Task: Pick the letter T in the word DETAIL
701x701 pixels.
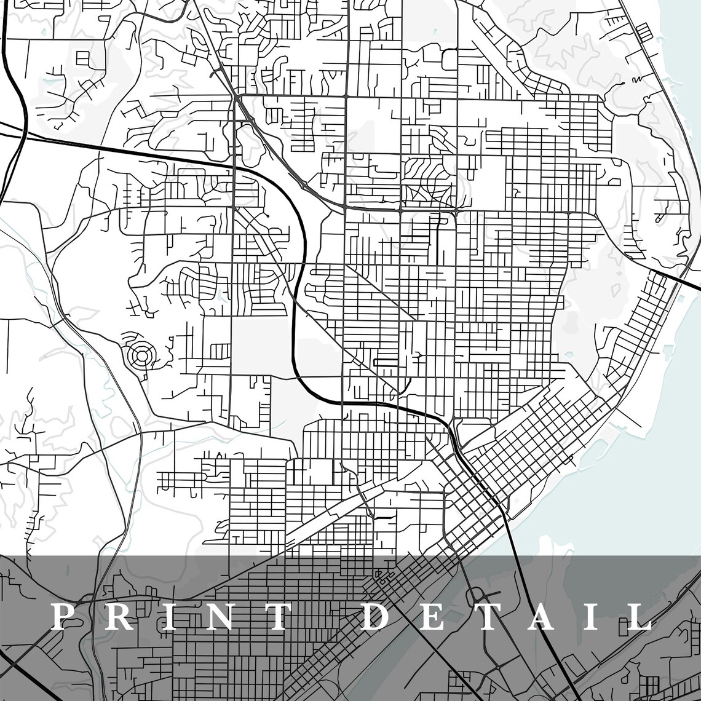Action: pos(483,617)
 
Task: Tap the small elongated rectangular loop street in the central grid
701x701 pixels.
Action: pos(386,362)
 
